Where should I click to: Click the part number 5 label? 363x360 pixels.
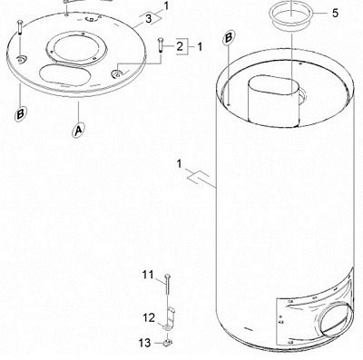pos(335,14)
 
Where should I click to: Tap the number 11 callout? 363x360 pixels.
pos(148,275)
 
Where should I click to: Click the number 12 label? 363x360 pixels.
pos(149,318)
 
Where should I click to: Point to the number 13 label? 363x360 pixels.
pos(144,343)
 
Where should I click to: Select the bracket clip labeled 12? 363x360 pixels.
pos(169,319)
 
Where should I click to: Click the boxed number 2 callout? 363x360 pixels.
pos(180,46)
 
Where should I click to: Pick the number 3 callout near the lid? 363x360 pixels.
pos(148,19)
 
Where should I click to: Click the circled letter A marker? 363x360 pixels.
pos(78,130)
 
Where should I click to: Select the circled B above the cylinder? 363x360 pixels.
pos(229,38)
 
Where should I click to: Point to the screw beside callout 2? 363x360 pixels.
pos(161,44)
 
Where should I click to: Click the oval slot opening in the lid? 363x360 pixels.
pos(64,74)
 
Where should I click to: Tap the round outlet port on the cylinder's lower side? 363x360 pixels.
pos(334,322)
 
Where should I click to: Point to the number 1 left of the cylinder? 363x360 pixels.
pos(179,165)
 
